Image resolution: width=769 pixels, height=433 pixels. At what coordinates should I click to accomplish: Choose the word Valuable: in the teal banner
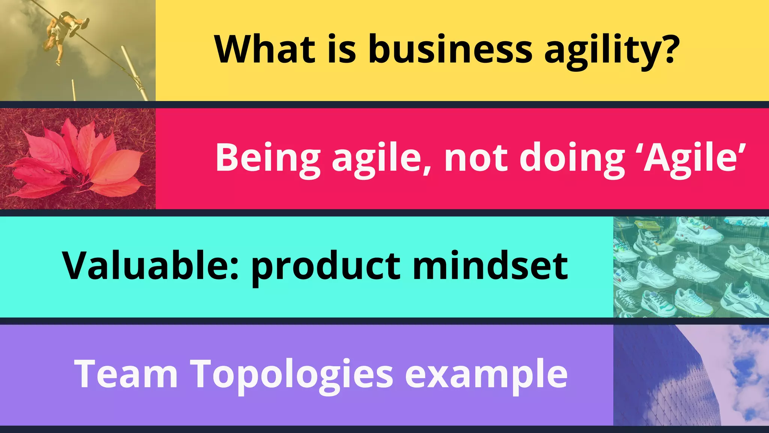coord(151,266)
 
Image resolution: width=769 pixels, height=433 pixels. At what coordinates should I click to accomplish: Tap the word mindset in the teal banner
coord(490,266)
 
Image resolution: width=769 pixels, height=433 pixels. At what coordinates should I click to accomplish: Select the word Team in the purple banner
coord(126,374)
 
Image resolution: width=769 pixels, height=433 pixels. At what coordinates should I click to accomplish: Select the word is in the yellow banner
coord(341,49)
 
